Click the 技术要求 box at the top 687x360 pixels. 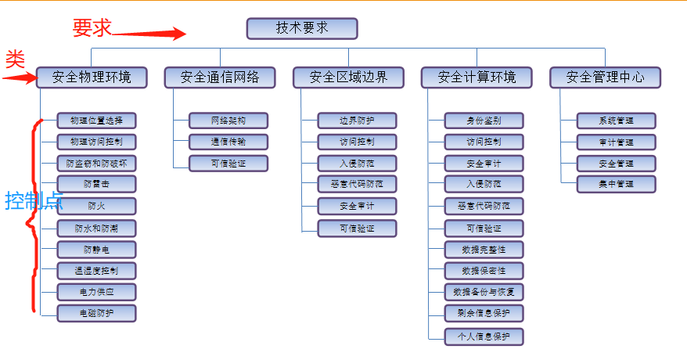pos(302,29)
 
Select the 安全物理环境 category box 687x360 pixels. pos(92,77)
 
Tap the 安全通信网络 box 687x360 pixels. pos(220,77)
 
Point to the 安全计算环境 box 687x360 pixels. pos(477,77)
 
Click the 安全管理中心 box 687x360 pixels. pos(605,77)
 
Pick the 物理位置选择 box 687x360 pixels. pos(96,121)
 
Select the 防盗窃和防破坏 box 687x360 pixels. pos(96,164)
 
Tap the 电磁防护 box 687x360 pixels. pos(96,313)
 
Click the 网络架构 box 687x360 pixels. pos(228,121)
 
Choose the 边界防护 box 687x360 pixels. pos(357,121)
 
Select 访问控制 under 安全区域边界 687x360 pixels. pos(357,142)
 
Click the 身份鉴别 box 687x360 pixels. pos(484,121)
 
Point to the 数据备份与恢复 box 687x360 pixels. pos(484,292)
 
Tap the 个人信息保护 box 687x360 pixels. pos(484,337)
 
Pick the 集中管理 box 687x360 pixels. pos(616,184)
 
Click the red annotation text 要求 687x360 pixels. pos(92,28)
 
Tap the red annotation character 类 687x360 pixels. pos(14,59)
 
